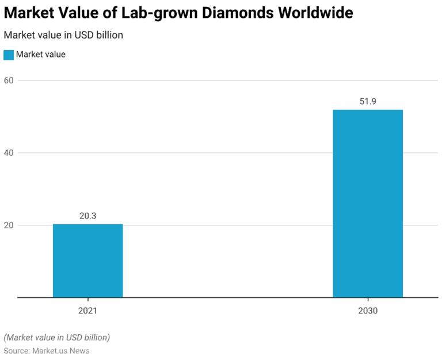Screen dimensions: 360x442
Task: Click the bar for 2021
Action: (x=87, y=261)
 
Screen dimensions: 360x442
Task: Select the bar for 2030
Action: (x=368, y=204)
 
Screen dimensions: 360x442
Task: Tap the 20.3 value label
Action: (x=87, y=216)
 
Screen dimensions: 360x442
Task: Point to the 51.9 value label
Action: (x=368, y=102)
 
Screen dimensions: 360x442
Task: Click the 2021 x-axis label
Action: (x=87, y=311)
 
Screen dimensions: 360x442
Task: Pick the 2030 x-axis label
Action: (x=368, y=311)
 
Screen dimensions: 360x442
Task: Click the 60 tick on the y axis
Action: (x=10, y=81)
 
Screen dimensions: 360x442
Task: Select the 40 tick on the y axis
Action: (x=10, y=153)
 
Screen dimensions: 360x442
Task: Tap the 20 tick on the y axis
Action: (x=10, y=225)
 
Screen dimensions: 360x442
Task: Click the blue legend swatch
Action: (x=9, y=55)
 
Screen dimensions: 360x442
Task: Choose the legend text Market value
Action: (x=41, y=55)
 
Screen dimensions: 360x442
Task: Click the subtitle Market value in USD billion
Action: (x=63, y=35)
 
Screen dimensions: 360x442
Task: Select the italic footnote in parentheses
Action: (x=56, y=337)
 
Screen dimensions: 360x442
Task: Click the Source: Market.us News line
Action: (x=47, y=350)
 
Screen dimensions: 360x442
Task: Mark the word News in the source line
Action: (x=79, y=350)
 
